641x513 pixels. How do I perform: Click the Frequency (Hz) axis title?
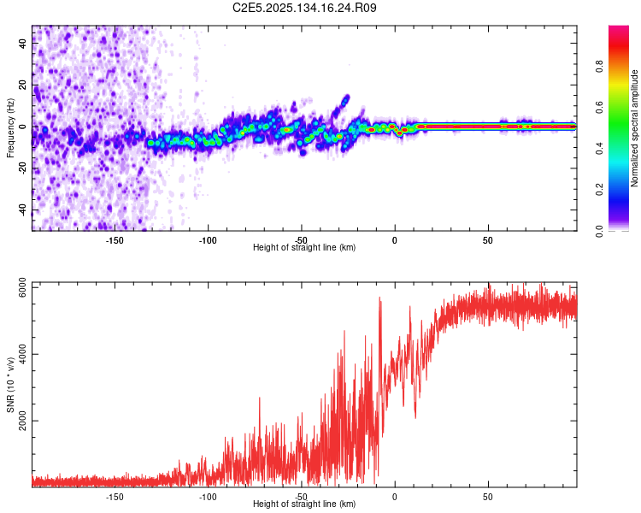[10, 127]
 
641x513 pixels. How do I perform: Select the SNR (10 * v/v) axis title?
[10, 385]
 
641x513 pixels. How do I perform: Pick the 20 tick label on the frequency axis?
[23, 85]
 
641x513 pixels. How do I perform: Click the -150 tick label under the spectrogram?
[115, 240]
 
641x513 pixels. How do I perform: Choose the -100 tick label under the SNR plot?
[208, 497]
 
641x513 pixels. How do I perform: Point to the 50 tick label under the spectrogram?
[487, 240]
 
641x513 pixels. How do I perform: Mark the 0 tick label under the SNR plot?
[394, 497]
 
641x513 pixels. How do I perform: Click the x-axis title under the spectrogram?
[304, 248]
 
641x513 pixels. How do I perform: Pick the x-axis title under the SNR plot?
[304, 504]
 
